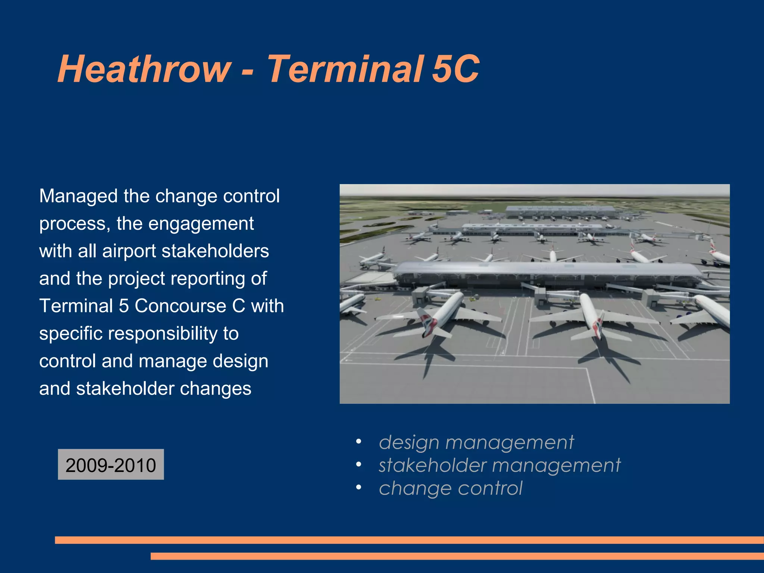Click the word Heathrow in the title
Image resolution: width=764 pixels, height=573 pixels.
click(144, 69)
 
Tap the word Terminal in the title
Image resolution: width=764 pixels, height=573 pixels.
click(345, 69)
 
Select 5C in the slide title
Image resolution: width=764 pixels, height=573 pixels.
click(455, 69)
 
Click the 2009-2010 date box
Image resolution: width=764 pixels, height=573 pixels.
click(111, 465)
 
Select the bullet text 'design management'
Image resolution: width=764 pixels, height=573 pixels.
click(476, 442)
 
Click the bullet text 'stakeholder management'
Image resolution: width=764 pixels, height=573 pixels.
click(499, 465)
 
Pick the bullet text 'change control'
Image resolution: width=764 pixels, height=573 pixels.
click(450, 488)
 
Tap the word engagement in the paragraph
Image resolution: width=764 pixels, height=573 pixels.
click(201, 224)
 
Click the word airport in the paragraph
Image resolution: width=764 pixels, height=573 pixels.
click(129, 251)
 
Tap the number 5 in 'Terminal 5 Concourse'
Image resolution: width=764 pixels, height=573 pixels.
click(123, 306)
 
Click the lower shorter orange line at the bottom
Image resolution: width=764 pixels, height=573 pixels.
click(457, 556)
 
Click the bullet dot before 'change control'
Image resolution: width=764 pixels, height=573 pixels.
click(358, 488)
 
